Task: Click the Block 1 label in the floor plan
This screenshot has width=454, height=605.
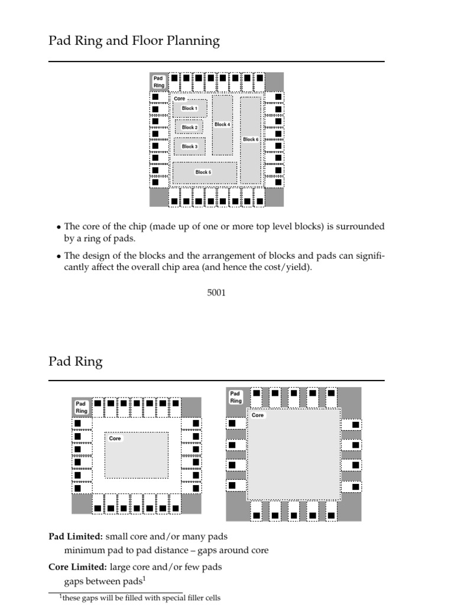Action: [x=190, y=109]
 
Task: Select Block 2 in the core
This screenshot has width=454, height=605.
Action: [x=189, y=128]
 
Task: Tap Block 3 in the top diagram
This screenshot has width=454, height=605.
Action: [x=189, y=147]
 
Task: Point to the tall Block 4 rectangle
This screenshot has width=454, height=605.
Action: [x=222, y=125]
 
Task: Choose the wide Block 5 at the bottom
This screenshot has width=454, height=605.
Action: [x=203, y=173]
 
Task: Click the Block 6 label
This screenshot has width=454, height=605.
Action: [x=251, y=139]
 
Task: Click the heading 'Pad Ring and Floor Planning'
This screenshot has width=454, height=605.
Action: [x=134, y=41]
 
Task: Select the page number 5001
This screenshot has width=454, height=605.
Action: [x=216, y=292]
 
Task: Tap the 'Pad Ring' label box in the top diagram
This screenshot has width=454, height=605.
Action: [x=159, y=82]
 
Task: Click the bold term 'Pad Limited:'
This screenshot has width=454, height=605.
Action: [x=76, y=536]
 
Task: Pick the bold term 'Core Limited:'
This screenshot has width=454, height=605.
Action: [x=77, y=567]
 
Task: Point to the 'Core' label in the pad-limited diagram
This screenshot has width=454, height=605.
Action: [x=115, y=438]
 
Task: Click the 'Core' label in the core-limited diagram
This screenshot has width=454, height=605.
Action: [x=258, y=415]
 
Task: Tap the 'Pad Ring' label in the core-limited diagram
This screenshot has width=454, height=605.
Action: [x=235, y=396]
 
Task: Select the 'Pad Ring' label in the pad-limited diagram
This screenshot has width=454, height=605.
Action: [x=81, y=407]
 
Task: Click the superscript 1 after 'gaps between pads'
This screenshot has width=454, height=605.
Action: [x=144, y=578]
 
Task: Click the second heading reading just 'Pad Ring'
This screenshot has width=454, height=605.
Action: [x=75, y=362]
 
